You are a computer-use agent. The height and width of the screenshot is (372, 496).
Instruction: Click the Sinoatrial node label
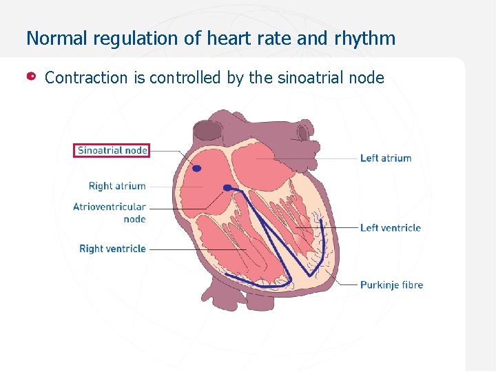[x=112, y=150]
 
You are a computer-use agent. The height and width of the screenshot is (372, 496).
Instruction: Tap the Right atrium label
[x=117, y=186]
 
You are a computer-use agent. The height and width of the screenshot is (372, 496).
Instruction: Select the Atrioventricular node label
[x=110, y=212]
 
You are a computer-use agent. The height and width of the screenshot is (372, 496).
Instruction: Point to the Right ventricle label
[x=112, y=249]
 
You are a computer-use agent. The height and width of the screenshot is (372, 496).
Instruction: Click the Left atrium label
[x=386, y=158]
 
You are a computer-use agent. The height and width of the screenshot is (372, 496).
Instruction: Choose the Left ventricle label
[x=390, y=228]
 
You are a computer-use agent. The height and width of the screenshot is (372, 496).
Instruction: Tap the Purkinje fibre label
[x=391, y=285]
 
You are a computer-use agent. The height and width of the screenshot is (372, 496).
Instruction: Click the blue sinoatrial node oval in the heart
[x=196, y=168]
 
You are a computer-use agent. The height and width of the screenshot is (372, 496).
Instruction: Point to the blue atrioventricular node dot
[x=227, y=187]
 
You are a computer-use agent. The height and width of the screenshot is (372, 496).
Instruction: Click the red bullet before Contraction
[x=32, y=76]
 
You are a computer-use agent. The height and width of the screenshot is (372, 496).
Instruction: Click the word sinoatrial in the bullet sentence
[x=307, y=78]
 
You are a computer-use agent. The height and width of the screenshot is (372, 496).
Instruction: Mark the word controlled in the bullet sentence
[x=186, y=78]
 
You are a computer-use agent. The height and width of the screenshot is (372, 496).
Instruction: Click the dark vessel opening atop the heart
[x=207, y=129]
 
